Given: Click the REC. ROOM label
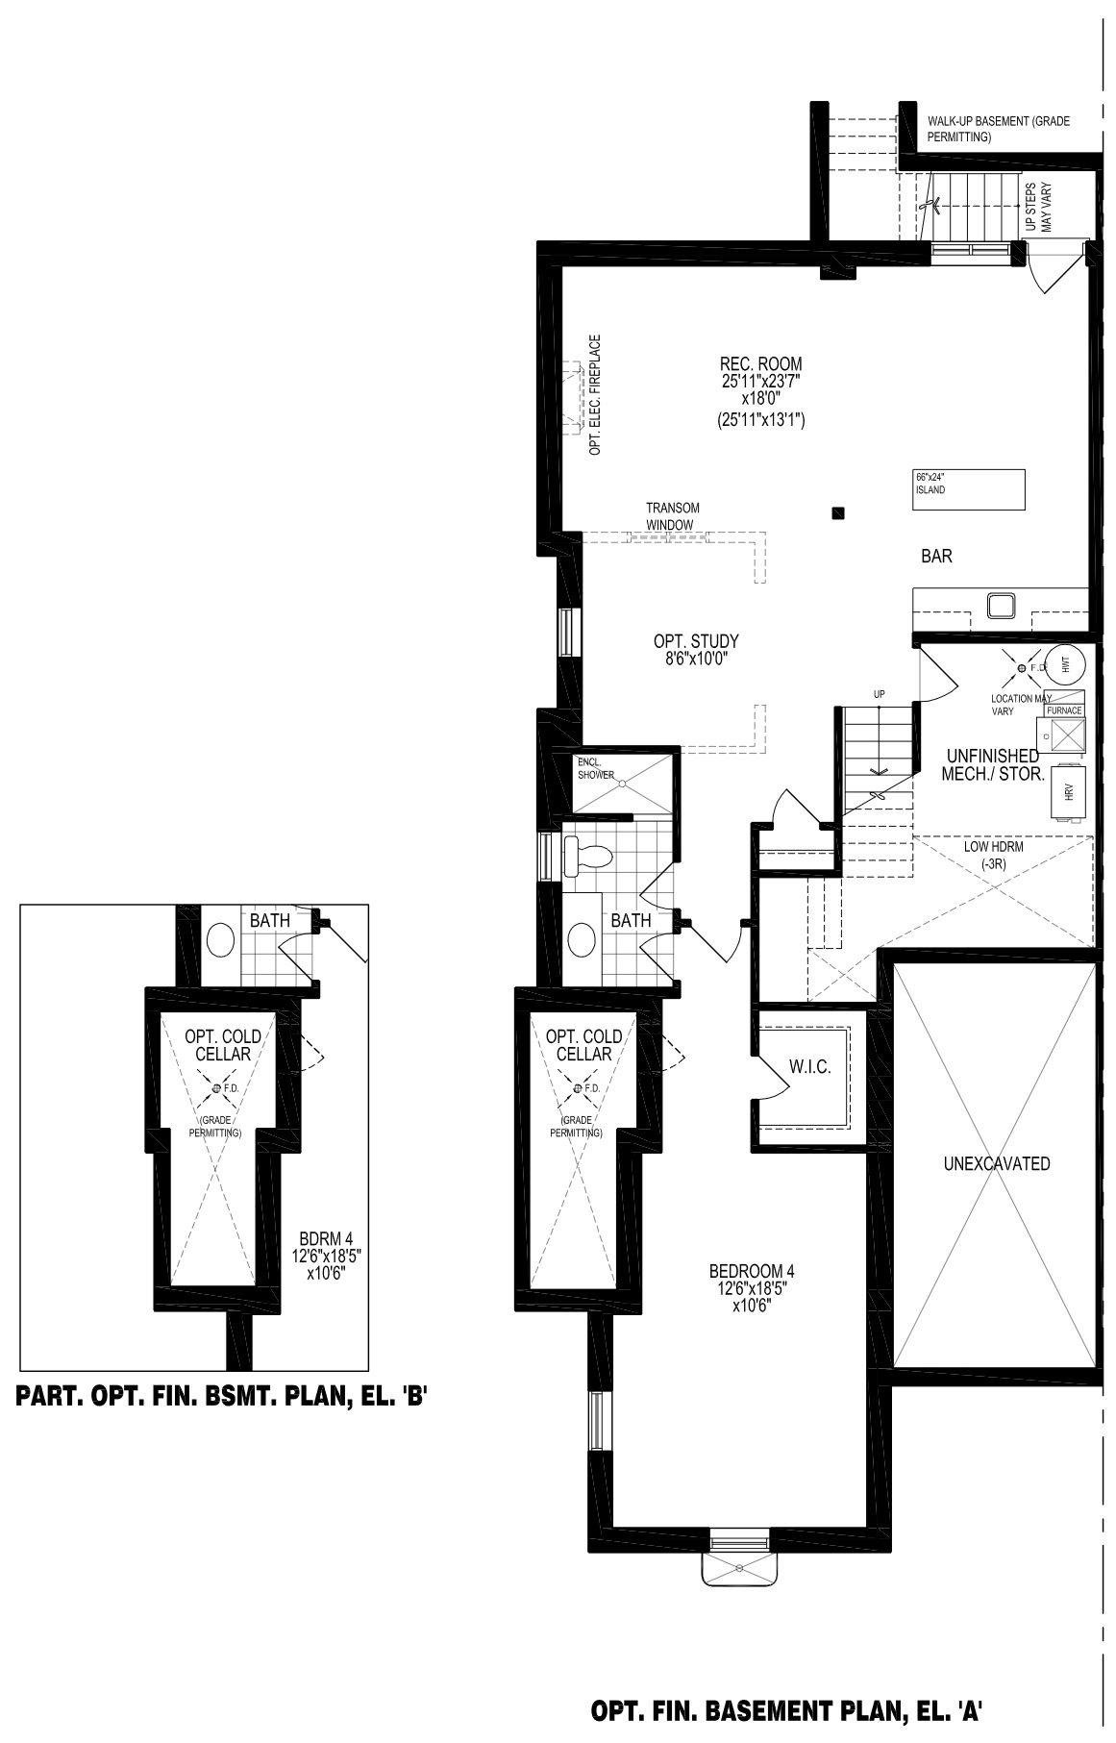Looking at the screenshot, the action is coord(760,364).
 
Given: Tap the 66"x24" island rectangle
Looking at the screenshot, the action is coord(969,489).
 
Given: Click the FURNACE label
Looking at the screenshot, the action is coord(1064,710).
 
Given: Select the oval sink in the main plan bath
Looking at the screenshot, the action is coord(583,939).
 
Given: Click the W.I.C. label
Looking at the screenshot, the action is coord(809,1067).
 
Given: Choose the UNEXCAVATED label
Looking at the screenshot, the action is coord(997,1163).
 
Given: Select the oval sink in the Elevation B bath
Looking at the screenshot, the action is coord(221,939).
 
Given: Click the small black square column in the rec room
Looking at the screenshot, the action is coord(839,513).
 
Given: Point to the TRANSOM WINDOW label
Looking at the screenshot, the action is coord(672,516).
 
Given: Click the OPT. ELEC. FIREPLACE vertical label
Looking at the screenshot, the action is coord(596,395).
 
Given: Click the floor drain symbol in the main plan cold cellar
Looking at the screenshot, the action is coord(578,1087).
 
